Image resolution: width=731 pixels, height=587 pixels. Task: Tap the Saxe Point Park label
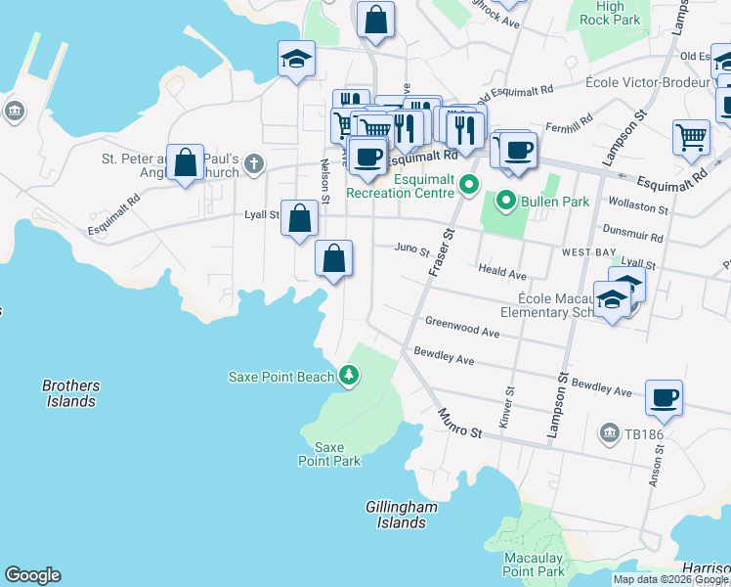point(329,454)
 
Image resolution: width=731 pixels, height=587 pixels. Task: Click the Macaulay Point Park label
point(534,564)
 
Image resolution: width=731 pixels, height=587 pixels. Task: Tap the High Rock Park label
point(609,13)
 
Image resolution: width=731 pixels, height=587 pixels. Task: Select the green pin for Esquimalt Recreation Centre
point(470,183)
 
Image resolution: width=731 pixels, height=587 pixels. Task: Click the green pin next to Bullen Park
point(505,202)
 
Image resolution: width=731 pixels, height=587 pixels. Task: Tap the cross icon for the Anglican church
point(254,163)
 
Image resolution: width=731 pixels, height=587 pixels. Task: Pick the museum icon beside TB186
point(610,431)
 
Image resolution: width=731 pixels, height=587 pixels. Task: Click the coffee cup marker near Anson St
point(664,397)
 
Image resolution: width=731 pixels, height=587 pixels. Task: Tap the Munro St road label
point(460,424)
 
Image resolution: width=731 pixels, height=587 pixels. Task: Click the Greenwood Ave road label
point(461,327)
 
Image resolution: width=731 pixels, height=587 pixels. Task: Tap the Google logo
point(32,575)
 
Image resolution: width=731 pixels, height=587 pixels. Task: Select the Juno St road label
point(411,250)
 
